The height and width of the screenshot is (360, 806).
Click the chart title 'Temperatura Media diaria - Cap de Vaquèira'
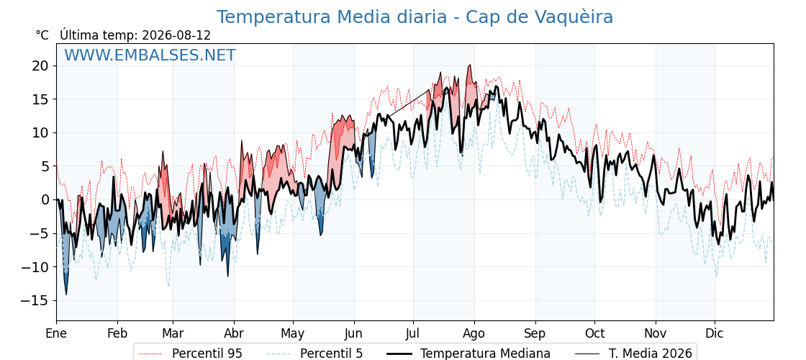pyautogui.click(x=415, y=17)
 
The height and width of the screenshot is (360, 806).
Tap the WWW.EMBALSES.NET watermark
pyautogui.click(x=150, y=55)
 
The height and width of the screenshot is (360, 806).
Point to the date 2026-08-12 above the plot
pyautogui.click(x=176, y=35)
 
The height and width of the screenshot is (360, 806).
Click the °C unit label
pyautogui.click(x=42, y=35)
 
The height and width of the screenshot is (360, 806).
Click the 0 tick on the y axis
pyautogui.click(x=46, y=199)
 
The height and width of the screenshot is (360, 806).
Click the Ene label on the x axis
pyautogui.click(x=56, y=333)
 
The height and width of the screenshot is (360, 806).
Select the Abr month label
pyautogui.click(x=235, y=333)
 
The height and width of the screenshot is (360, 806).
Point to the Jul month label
pyautogui.click(x=413, y=333)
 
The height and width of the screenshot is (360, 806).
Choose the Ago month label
pyautogui.click(x=474, y=333)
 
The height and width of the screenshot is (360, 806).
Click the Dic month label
pyautogui.click(x=715, y=333)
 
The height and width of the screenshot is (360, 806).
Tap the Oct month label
pyautogui.click(x=594, y=333)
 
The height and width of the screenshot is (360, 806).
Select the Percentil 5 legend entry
pyautogui.click(x=314, y=354)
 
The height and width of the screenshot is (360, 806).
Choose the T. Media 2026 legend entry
pyautogui.click(x=634, y=354)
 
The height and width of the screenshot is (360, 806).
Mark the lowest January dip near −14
pyautogui.click(x=65, y=294)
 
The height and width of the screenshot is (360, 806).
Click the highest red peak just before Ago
pyautogui.click(x=469, y=66)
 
